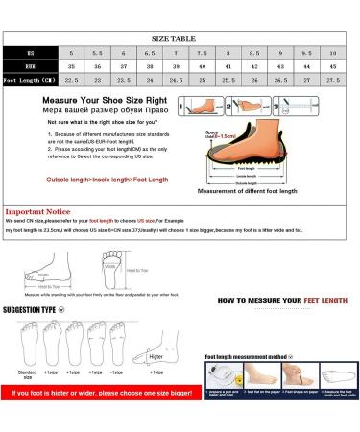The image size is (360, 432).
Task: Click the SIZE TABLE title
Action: tap(180, 32)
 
